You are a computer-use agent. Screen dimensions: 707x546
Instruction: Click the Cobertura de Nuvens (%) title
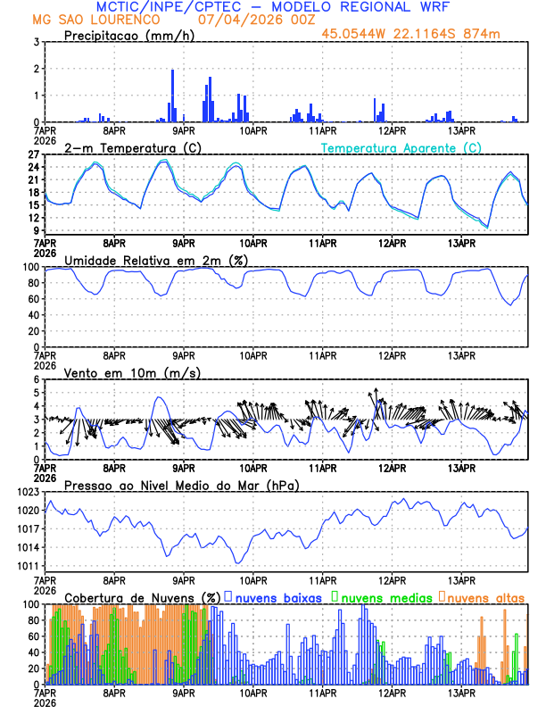[x=143, y=597]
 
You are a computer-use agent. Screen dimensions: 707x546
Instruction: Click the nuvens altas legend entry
[x=486, y=597]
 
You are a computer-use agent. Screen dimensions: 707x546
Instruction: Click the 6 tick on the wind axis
[x=38, y=379]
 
